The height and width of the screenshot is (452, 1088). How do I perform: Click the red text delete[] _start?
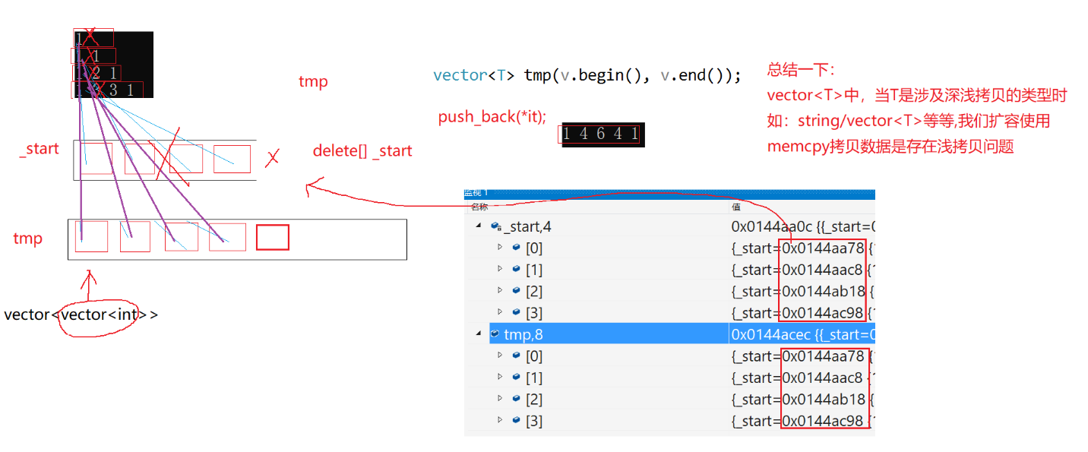362,151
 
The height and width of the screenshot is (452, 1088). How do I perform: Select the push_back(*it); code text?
492,118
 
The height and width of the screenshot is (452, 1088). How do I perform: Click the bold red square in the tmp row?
272,238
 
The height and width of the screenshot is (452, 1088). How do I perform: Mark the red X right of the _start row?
272,158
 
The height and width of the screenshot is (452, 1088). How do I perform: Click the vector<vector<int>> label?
81,315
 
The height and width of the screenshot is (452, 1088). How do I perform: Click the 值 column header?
736,207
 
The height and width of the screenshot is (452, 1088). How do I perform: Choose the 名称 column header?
479,207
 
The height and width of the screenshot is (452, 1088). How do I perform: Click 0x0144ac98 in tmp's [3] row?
823,421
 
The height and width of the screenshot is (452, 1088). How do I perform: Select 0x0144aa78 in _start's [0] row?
823,248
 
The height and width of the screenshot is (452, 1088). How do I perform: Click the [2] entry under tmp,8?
533,399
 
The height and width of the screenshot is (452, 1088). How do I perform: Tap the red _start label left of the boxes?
39,149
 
